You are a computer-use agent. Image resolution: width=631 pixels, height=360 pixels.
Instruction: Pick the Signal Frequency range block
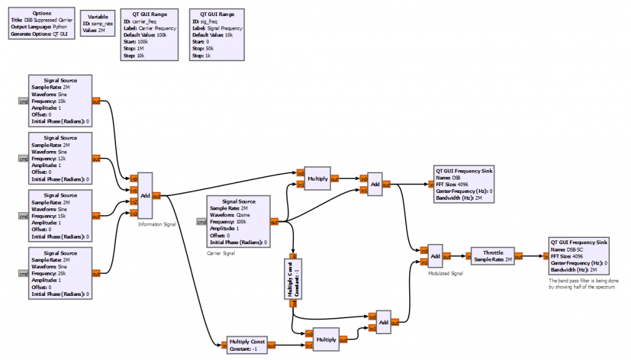[x=217, y=35]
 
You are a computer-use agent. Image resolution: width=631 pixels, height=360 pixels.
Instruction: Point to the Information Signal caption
[x=157, y=224]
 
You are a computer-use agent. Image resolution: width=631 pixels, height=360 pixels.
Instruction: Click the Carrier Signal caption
[x=221, y=253]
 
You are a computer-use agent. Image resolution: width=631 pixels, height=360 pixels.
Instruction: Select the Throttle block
[x=492, y=256]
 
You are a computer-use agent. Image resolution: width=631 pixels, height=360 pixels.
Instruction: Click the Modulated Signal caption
[x=446, y=272]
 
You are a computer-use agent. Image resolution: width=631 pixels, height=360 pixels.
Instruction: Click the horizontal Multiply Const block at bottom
[x=246, y=345]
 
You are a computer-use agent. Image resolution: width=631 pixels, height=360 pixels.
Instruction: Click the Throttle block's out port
[x=519, y=256]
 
